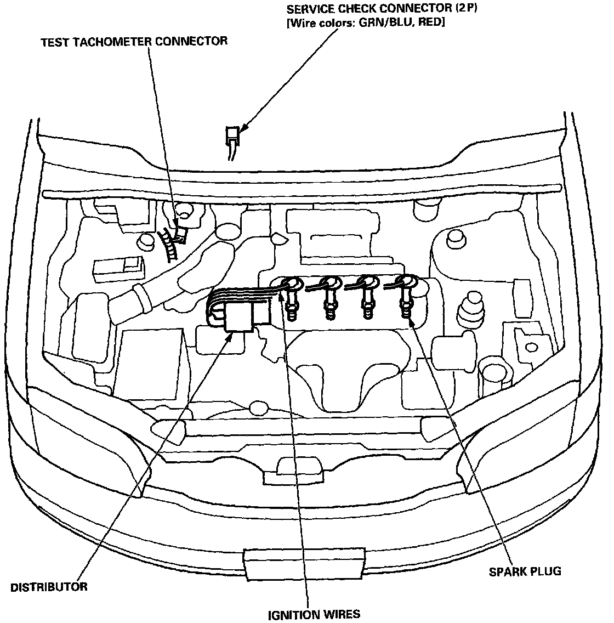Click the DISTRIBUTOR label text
click(49, 587)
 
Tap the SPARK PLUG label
click(525, 571)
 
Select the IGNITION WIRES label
click(314, 614)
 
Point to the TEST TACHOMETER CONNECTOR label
click(134, 42)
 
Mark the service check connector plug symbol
click(232, 134)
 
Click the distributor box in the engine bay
click(239, 318)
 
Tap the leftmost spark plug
click(291, 307)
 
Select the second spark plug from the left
click(330, 307)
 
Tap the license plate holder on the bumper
click(304, 562)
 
